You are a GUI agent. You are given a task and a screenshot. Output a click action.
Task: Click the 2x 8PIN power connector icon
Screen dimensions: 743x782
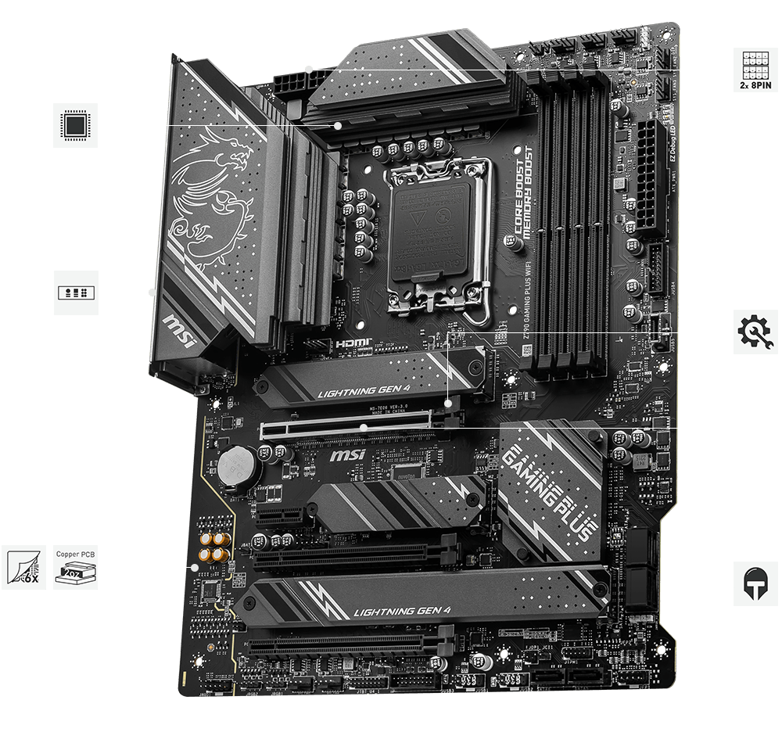click(x=756, y=70)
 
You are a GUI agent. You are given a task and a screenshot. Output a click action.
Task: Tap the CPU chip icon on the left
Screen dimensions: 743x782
click(x=76, y=124)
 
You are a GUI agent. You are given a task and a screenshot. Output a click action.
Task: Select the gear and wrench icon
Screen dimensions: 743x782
click(x=756, y=332)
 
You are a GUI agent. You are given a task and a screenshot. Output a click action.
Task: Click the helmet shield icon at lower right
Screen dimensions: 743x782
click(x=756, y=583)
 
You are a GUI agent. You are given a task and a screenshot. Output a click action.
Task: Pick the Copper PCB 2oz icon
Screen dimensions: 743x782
click(x=76, y=566)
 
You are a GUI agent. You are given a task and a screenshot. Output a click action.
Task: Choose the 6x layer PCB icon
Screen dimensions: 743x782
click(x=23, y=566)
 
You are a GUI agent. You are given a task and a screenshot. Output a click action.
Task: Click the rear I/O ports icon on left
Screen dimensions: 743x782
click(x=76, y=293)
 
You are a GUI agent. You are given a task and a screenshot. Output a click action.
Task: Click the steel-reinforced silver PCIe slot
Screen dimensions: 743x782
click(x=348, y=428)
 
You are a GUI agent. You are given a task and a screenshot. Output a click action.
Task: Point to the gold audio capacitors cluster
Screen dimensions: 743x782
click(x=213, y=547)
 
